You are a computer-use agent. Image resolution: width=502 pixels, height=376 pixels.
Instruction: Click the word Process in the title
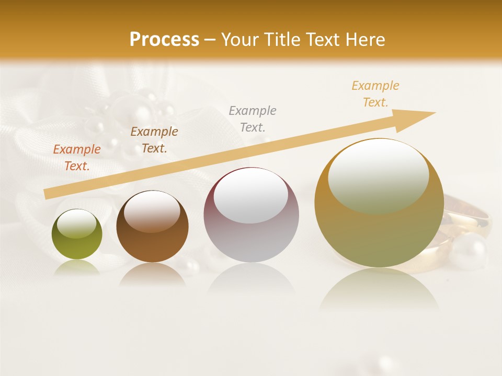(x=164, y=40)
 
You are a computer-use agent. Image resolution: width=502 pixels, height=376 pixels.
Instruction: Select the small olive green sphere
(x=77, y=234)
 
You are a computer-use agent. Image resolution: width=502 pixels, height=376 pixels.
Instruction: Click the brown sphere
(x=152, y=227)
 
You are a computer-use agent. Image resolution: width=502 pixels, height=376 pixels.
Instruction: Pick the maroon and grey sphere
(x=251, y=215)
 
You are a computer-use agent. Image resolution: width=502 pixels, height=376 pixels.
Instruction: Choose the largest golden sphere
(x=379, y=204)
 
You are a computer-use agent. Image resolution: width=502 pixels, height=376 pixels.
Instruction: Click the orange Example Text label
(x=77, y=158)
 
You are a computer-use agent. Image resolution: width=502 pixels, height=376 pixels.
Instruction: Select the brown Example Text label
(x=154, y=140)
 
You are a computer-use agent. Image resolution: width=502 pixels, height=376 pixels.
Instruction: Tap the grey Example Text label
(x=253, y=119)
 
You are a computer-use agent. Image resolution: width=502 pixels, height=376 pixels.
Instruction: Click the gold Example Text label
(x=375, y=94)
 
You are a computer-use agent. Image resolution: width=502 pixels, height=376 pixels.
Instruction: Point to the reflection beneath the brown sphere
(x=152, y=275)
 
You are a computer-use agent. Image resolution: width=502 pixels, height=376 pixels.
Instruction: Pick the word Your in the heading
(x=239, y=40)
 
